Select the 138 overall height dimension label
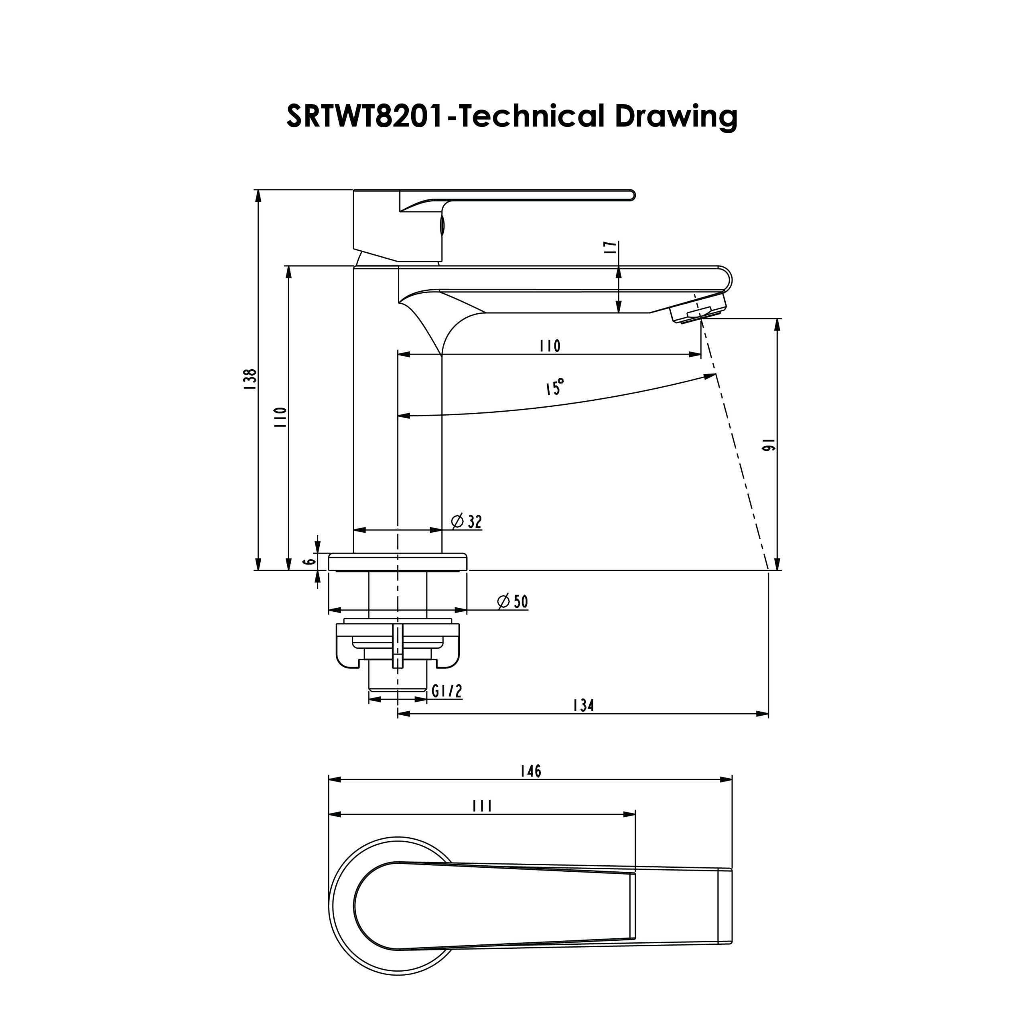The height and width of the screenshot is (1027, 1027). point(250,380)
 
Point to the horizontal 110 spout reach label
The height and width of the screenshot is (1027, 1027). point(550,346)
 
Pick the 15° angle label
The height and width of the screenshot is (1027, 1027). point(554,387)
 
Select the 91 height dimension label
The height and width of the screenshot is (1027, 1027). point(770,445)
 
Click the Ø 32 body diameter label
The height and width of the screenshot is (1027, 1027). point(466,522)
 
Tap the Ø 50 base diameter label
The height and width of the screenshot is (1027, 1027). point(512,601)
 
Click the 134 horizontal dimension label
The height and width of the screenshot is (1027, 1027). point(583,705)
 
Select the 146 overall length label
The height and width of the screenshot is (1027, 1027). point(530,771)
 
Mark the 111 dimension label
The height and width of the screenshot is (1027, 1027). point(482,806)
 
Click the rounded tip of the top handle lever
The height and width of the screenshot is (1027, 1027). point(631,195)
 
